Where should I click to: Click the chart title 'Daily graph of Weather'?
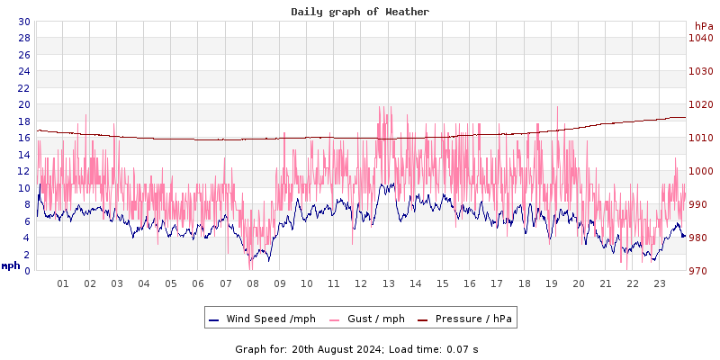coord(360,12)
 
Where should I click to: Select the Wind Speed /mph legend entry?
coord(262,319)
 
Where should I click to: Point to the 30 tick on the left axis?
coord(23,22)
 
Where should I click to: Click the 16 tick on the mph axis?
coord(23,138)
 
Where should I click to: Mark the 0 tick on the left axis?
coord(27,271)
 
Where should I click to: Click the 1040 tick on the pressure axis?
coord(701,38)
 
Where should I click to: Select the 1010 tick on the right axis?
coord(701,138)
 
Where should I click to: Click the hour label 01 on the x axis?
coord(63,283)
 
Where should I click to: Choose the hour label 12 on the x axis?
coord(361,283)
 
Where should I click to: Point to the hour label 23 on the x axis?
coord(660,283)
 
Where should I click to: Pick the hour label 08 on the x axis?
coord(253,283)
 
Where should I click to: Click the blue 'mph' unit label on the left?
coord(10,265)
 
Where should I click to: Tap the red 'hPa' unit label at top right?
coord(704,26)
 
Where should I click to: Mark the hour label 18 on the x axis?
coord(524,283)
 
